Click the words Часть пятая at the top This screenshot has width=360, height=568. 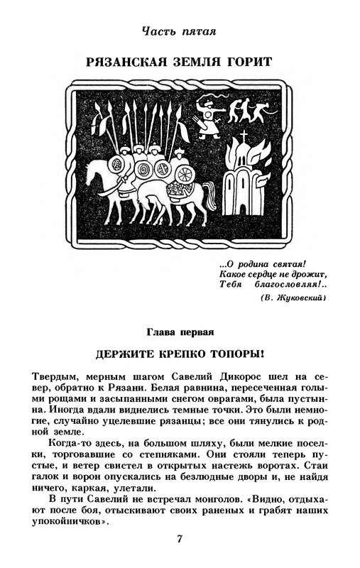coord(179,31)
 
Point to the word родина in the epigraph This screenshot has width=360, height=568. coord(253,264)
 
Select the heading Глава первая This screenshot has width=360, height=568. coord(180,332)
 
